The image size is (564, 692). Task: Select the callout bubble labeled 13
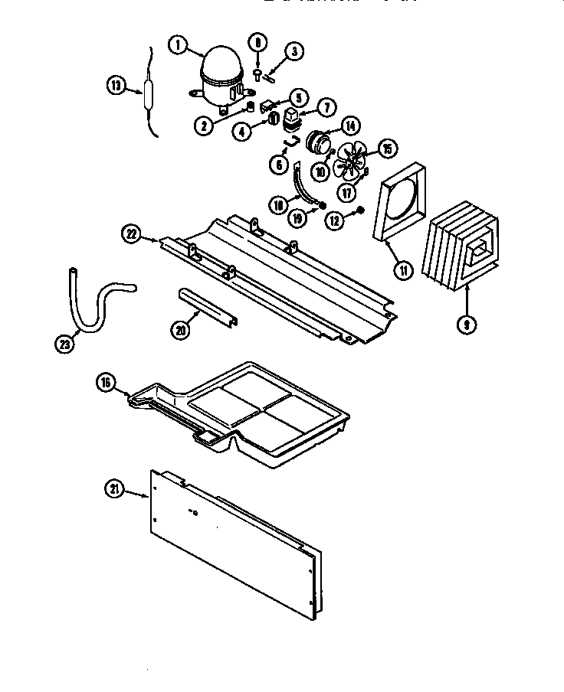tap(115, 86)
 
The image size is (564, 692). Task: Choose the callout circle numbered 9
tap(466, 324)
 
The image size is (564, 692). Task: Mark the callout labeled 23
tap(66, 344)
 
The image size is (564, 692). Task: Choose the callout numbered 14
tap(350, 126)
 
